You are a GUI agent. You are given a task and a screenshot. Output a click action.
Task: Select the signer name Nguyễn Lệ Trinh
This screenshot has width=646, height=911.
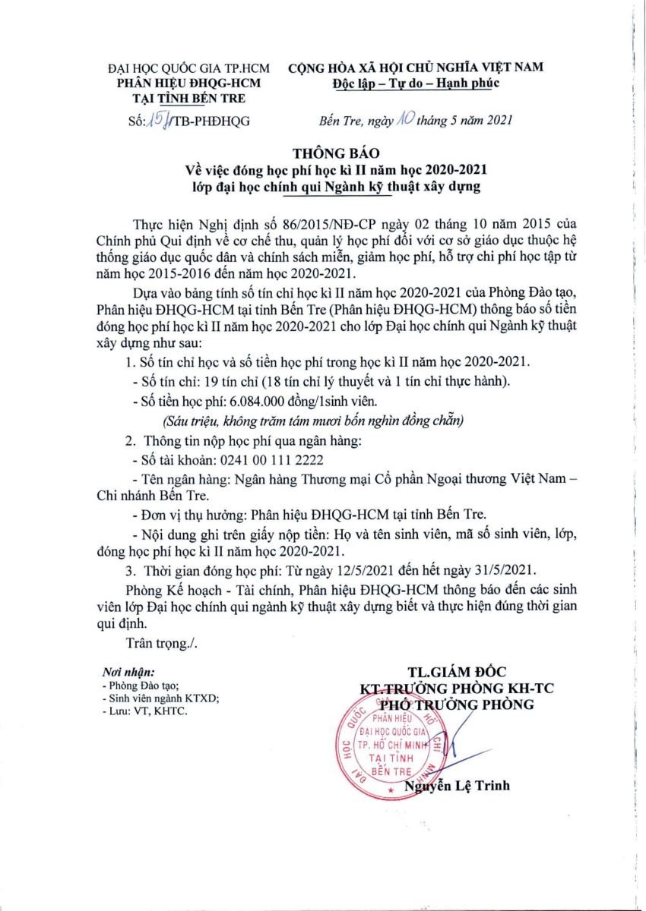[x=458, y=786]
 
